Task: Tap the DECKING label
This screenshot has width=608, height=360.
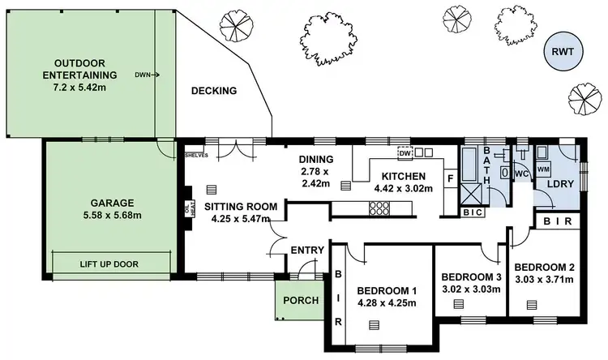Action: click(x=214, y=91)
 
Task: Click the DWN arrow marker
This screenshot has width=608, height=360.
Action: click(x=147, y=75)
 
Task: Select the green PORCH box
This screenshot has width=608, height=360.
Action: click(x=300, y=301)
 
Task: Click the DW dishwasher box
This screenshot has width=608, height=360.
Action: click(x=404, y=152)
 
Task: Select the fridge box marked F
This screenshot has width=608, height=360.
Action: click(x=449, y=179)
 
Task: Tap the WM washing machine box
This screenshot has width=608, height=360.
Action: click(x=544, y=169)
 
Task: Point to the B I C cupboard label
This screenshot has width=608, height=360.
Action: click(x=472, y=212)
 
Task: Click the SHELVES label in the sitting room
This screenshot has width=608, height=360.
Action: click(x=196, y=154)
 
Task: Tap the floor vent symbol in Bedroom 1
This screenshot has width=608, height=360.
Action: click(x=374, y=325)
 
